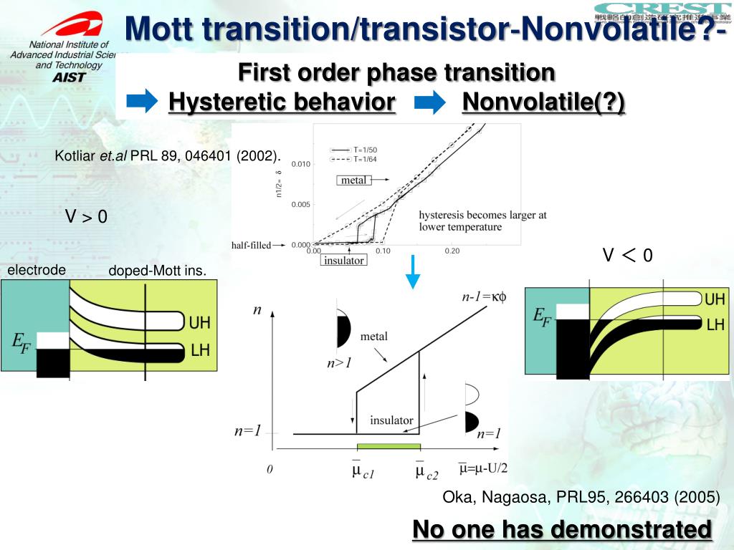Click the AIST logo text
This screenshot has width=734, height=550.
[69, 77]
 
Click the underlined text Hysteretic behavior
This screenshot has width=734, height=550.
[282, 102]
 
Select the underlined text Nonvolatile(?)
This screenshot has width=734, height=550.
[543, 102]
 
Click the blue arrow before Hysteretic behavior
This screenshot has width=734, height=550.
[146, 102]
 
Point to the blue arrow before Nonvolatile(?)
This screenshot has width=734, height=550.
[429, 103]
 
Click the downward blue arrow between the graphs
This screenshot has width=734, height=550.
[412, 271]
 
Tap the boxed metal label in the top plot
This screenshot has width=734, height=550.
[353, 180]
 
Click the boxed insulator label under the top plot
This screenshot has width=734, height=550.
[344, 260]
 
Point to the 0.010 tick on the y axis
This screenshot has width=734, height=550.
[301, 164]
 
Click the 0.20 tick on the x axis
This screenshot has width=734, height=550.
[452, 251]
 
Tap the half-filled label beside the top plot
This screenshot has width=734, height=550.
[251, 245]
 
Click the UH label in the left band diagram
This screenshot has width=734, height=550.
[199, 323]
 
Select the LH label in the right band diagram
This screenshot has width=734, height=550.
[715, 324]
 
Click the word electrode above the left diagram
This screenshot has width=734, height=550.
[37, 270]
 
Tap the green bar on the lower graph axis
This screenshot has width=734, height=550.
[388, 447]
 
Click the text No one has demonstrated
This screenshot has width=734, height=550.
[563, 529]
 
